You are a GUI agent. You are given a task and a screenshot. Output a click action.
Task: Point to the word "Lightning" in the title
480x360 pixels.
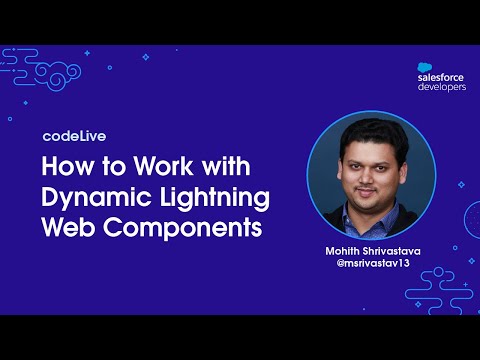click(208, 197)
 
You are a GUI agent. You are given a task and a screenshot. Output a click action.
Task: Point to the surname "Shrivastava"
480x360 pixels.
click(392, 250)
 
